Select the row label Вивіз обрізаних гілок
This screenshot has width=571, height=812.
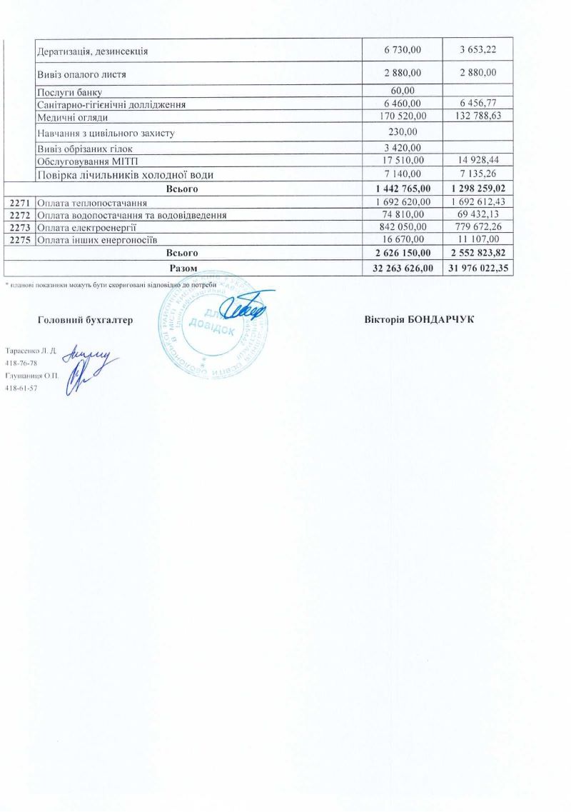(x=84, y=149)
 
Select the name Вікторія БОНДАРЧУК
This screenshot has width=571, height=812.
(x=419, y=319)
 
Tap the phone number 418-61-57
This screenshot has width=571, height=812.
(x=21, y=388)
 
